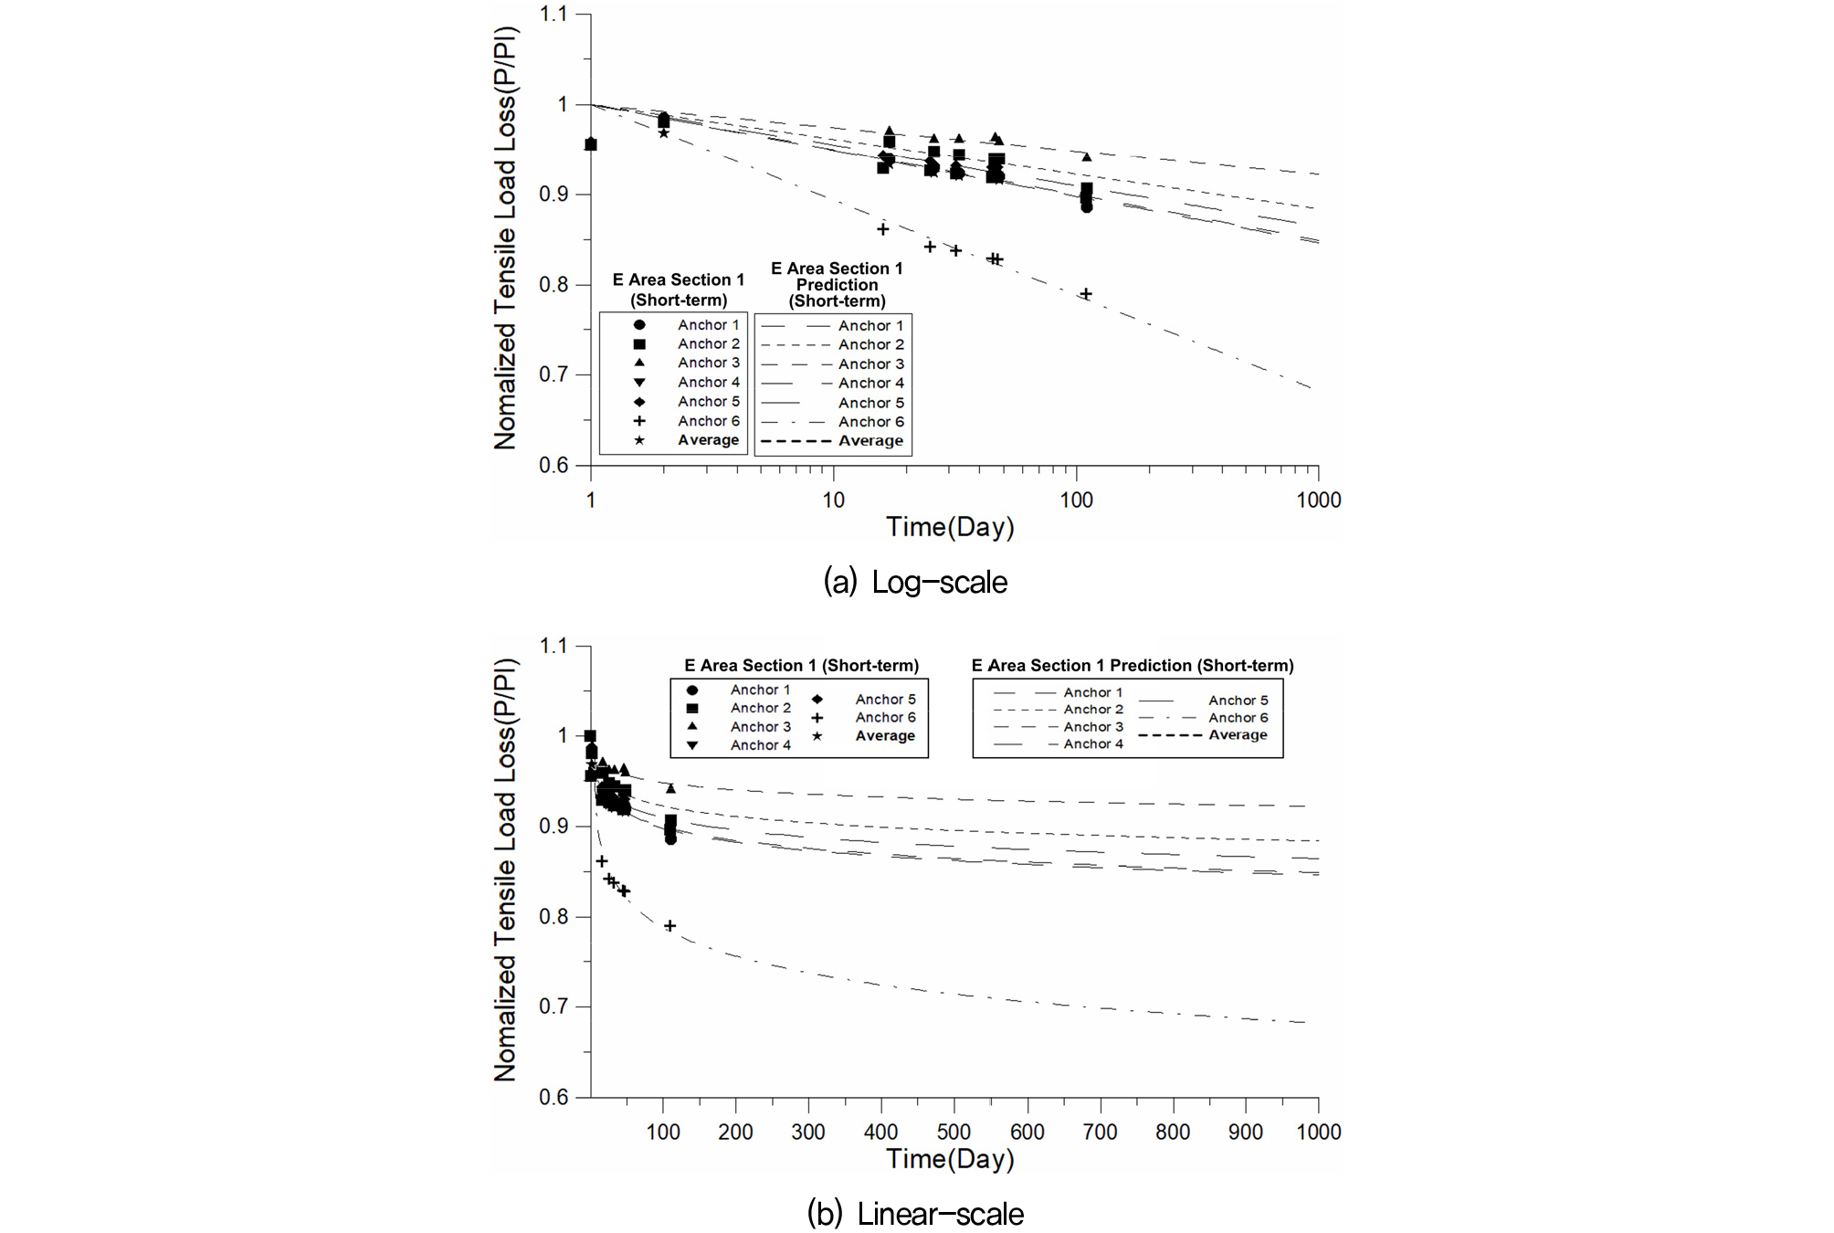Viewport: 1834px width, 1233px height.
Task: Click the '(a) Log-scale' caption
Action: click(x=915, y=582)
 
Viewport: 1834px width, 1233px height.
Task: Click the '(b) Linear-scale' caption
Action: click(x=915, y=1214)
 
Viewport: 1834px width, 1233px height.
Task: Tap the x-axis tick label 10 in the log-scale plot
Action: click(x=833, y=501)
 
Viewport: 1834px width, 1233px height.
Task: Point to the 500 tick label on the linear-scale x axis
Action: click(x=954, y=1133)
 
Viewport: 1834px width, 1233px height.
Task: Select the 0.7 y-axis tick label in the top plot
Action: click(x=553, y=374)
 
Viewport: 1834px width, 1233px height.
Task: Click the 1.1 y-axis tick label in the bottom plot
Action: click(x=553, y=647)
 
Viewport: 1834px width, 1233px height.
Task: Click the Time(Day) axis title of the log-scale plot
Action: click(x=950, y=527)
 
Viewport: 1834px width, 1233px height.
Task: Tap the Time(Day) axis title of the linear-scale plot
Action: click(x=950, y=1159)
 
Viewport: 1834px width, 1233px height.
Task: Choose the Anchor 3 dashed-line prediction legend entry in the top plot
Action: click(x=832, y=364)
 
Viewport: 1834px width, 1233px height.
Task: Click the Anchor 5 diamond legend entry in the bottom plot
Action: click(x=864, y=700)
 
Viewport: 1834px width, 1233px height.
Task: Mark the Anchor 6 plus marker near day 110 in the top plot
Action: click(x=1086, y=294)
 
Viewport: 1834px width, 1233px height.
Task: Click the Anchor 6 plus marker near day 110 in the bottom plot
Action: click(x=669, y=926)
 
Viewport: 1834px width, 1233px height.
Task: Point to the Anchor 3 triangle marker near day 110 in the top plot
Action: click(x=1087, y=157)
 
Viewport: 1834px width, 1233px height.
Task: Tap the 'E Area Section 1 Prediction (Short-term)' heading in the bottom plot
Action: click(x=1133, y=666)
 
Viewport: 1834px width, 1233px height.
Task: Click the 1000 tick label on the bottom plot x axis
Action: click(x=1318, y=1133)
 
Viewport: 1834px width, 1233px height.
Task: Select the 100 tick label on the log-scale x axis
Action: click(x=1076, y=501)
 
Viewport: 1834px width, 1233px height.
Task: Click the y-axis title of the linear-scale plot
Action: click(x=505, y=869)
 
